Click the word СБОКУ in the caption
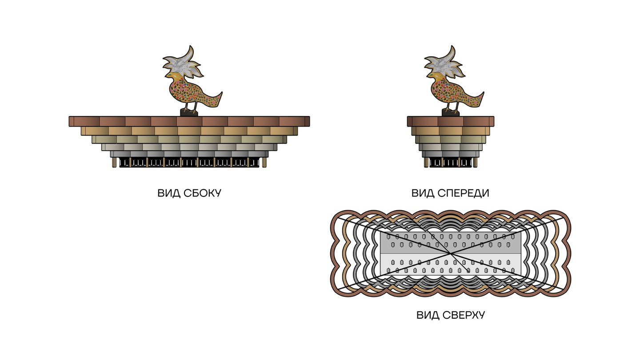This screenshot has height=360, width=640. click(202, 193)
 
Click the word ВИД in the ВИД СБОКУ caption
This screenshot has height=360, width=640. click(168, 193)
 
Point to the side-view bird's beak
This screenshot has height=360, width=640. click(166, 81)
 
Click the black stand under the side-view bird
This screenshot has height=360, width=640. click(188, 112)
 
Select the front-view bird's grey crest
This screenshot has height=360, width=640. click(443, 67)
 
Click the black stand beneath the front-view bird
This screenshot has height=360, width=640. click(450, 112)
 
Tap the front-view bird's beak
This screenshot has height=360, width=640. click(427, 81)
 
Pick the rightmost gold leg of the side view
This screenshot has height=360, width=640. click(265, 162)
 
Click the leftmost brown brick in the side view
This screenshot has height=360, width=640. click(84, 121)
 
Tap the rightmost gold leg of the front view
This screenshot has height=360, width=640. click(475, 163)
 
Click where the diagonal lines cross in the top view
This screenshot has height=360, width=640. click(451, 253)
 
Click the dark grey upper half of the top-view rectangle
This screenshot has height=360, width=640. click(450, 242)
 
